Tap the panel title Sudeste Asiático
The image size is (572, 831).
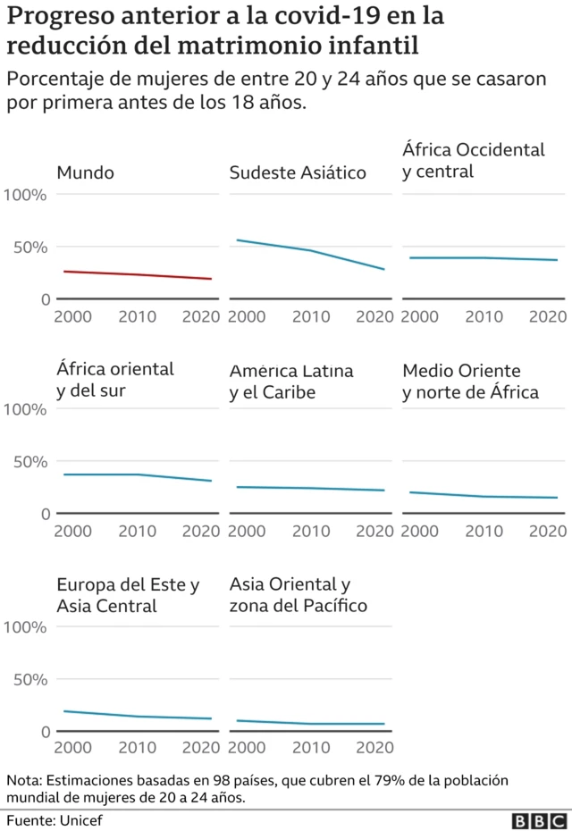298,172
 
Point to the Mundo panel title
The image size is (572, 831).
85,172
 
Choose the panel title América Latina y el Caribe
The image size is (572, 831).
291,381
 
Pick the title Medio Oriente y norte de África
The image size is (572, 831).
470,381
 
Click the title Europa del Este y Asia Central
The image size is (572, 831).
128,595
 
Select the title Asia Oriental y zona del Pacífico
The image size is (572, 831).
298,595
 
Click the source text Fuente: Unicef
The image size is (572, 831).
55,820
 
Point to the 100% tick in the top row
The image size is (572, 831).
25,194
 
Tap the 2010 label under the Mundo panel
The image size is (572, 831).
137,316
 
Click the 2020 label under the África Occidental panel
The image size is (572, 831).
547,316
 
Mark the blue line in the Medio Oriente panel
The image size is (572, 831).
483,496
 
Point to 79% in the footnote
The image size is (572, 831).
391,779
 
